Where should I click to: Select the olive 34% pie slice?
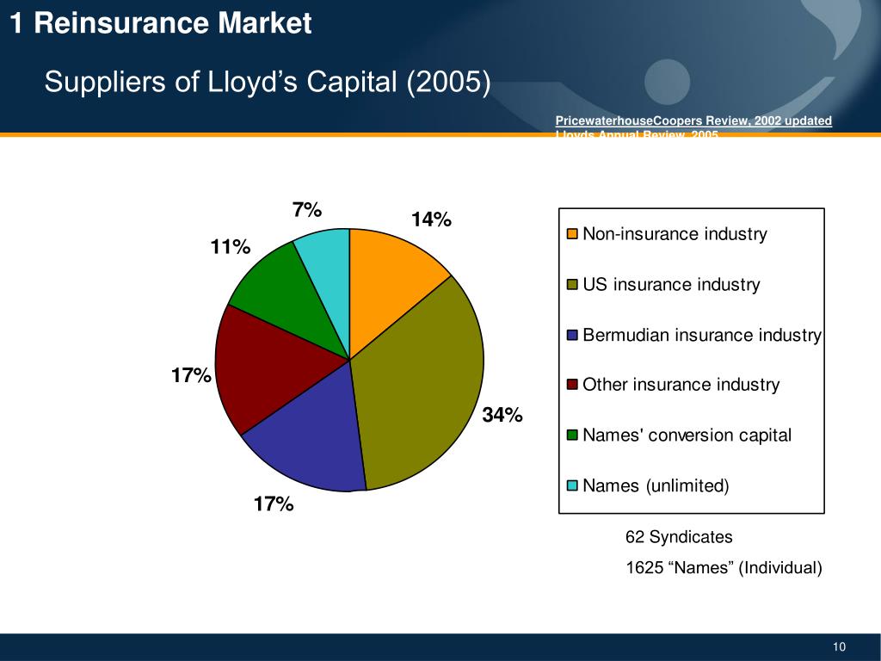[x=422, y=387]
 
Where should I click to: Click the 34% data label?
[x=502, y=415]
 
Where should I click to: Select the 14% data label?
[x=431, y=219]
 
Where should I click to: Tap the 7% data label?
[x=307, y=209]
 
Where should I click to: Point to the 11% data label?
[x=231, y=248]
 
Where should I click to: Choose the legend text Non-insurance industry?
[x=675, y=234]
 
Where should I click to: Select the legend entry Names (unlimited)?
[x=656, y=485]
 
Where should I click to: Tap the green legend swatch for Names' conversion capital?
[x=572, y=436]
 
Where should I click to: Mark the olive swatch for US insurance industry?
[x=572, y=285]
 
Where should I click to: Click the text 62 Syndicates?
[x=679, y=537]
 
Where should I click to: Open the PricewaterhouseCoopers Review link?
[x=693, y=120]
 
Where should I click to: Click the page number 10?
[x=840, y=647]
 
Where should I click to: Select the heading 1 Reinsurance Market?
[x=161, y=24]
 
